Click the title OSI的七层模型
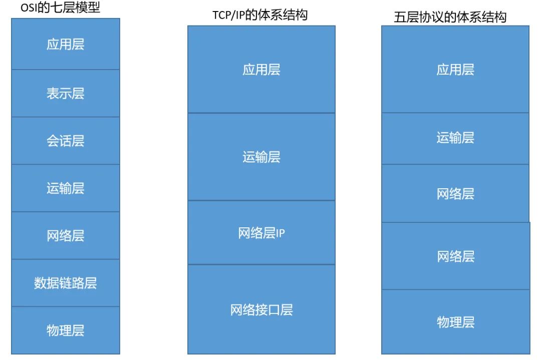click(x=60, y=9)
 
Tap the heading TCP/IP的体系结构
click(x=260, y=16)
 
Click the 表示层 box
click(x=66, y=94)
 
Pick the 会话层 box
click(x=66, y=141)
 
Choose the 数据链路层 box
click(x=66, y=283)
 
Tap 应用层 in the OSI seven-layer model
click(x=66, y=45)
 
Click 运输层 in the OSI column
click(x=66, y=188)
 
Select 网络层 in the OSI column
click(x=66, y=236)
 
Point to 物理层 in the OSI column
click(x=66, y=330)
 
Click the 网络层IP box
click(x=261, y=233)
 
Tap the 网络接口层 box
click(x=261, y=310)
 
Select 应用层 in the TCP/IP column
click(x=261, y=70)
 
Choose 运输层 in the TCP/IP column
click(x=261, y=157)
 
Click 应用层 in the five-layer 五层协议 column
click(x=455, y=70)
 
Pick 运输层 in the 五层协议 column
click(x=455, y=138)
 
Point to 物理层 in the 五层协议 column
click(x=455, y=322)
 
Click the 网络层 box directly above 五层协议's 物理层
click(x=455, y=256)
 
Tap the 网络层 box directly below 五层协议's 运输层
click(x=455, y=194)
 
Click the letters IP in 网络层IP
click(x=280, y=233)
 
